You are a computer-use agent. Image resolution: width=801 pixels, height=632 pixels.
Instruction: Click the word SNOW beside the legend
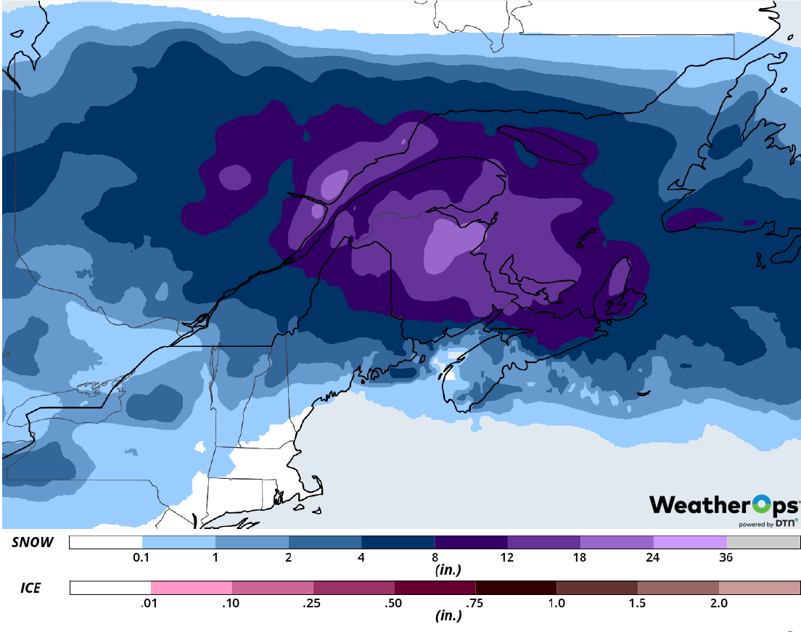click(33, 543)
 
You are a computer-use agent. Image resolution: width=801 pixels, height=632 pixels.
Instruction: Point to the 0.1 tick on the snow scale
click(142, 558)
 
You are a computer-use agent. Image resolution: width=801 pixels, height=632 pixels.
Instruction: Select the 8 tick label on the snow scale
click(435, 558)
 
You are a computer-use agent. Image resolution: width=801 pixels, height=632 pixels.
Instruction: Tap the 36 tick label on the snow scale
click(726, 558)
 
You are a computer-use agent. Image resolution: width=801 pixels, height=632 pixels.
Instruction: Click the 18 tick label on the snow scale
click(580, 558)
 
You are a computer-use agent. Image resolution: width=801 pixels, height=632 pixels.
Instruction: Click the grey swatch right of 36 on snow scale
click(763, 543)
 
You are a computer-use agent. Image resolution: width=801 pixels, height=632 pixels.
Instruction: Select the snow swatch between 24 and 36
click(690, 543)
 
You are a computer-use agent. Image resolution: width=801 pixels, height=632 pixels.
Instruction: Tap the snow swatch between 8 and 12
click(471, 543)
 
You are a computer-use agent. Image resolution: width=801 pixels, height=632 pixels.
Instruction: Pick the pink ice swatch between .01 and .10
click(192, 588)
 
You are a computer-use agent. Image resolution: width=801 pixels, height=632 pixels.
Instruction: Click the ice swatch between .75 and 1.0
click(516, 588)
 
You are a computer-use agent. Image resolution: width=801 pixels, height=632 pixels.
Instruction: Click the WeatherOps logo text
click(723, 505)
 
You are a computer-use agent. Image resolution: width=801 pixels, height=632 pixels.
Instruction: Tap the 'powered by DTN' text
click(768, 523)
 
